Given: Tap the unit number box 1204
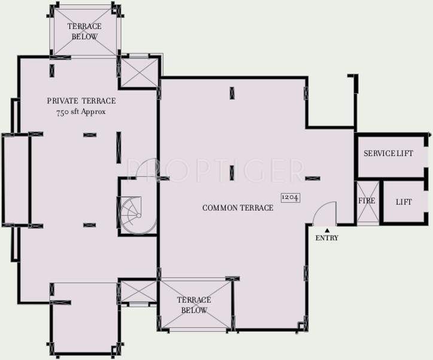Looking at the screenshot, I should pyautogui.click(x=290, y=197).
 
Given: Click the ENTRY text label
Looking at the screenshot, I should pyautogui.click(x=327, y=238).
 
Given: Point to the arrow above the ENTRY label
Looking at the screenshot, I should pyautogui.click(x=327, y=229).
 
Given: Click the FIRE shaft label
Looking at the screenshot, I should pyautogui.click(x=367, y=201).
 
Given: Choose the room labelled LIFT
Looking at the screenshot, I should pyautogui.click(x=404, y=202).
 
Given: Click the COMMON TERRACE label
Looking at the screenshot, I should pyautogui.click(x=237, y=208).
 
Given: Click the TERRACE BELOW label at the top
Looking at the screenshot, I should pyautogui.click(x=84, y=31).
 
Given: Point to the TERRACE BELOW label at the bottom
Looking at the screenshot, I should pyautogui.click(x=194, y=305).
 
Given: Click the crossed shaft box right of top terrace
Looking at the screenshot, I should pyautogui.click(x=138, y=71).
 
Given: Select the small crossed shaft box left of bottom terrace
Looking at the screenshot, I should pyautogui.click(x=138, y=293).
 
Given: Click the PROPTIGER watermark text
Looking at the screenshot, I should pyautogui.click(x=215, y=169).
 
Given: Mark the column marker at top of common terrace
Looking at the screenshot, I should pyautogui.click(x=231, y=93).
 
